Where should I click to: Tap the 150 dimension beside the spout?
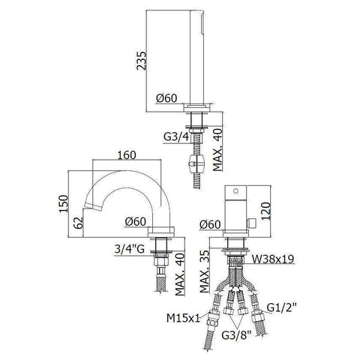(63, 202)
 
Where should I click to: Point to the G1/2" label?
(284, 307)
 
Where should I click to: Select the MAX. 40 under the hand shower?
(217, 142)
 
